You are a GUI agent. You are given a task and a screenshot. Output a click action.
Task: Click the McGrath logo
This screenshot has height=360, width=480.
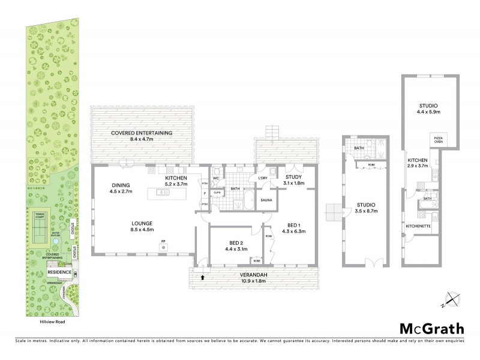click(x=432, y=328)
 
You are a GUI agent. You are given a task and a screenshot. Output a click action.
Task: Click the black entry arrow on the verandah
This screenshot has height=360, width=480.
click(x=202, y=277)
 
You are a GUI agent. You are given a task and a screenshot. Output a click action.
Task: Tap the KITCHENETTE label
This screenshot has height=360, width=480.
click(x=418, y=226)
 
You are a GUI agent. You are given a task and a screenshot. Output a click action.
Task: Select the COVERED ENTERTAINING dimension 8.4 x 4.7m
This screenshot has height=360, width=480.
click(x=142, y=139)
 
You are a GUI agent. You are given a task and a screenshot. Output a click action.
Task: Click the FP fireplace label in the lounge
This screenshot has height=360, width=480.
click(x=163, y=242)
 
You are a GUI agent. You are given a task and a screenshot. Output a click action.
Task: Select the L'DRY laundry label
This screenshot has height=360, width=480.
click(x=263, y=178)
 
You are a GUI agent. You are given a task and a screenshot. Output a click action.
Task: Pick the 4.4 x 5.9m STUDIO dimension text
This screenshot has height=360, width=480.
click(x=430, y=112)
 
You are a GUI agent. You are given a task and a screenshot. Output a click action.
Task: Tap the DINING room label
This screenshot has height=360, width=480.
click(x=121, y=185)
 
